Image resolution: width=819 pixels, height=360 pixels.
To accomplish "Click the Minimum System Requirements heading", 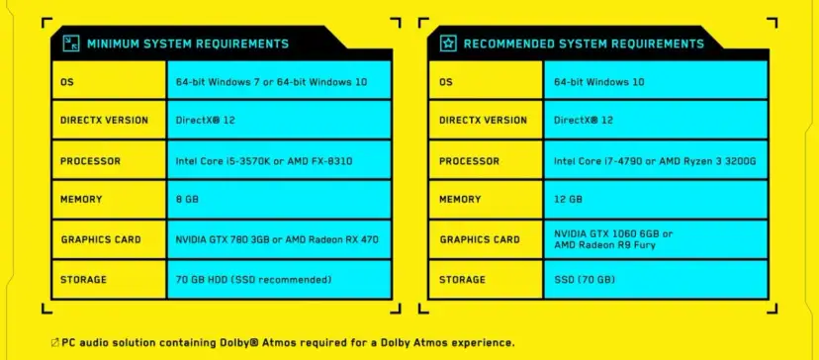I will point(188,44).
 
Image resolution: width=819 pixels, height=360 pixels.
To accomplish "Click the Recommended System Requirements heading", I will point(584,44).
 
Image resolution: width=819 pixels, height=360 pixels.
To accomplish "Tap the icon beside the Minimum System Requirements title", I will point(70,44).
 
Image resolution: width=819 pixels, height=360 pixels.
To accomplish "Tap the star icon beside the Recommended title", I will point(447,44).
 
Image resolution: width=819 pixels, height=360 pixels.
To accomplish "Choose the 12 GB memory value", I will point(568,200).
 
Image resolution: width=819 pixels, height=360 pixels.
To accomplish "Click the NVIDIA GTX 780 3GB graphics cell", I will point(275,239).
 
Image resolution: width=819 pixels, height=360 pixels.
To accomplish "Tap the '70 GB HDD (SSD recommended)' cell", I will point(253,280).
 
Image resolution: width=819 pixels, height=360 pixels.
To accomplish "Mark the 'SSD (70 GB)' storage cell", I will point(584,280).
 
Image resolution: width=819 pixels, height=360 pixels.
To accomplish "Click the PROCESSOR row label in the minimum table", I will point(92,160).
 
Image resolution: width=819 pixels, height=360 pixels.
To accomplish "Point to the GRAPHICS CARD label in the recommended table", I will point(480,239).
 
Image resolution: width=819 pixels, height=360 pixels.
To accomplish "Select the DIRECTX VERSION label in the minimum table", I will point(105,121).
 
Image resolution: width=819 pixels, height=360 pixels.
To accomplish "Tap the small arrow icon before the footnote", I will point(53,343).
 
